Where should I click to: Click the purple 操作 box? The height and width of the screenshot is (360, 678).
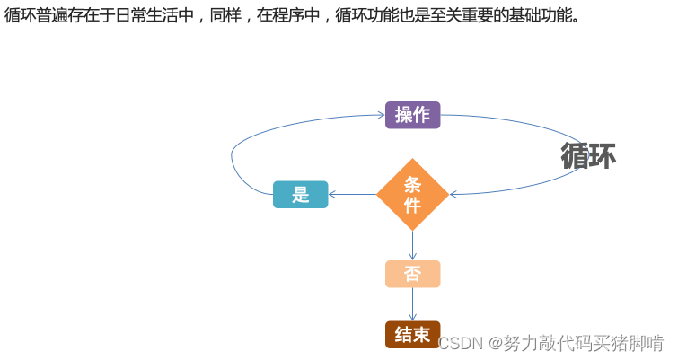pyautogui.click(x=412, y=115)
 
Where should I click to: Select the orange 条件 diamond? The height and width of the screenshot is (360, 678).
pyautogui.click(x=412, y=195)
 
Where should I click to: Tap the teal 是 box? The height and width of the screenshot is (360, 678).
pyautogui.click(x=300, y=195)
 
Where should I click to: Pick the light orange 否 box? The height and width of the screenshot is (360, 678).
pyautogui.click(x=412, y=274)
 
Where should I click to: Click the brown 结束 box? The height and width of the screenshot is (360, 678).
pyautogui.click(x=412, y=335)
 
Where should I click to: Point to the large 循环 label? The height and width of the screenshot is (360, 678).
pyautogui.click(x=588, y=155)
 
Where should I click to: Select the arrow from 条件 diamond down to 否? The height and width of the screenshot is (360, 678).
pyautogui.click(x=412, y=245)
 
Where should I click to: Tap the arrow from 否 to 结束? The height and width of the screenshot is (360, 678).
pyautogui.click(x=412, y=304)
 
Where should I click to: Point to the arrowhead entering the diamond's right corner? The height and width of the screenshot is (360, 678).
pyautogui.click(x=454, y=194)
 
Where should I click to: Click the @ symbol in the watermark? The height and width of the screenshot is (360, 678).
pyautogui.click(x=495, y=343)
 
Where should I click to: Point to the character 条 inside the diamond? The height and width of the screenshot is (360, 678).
pyautogui.click(x=412, y=184)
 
